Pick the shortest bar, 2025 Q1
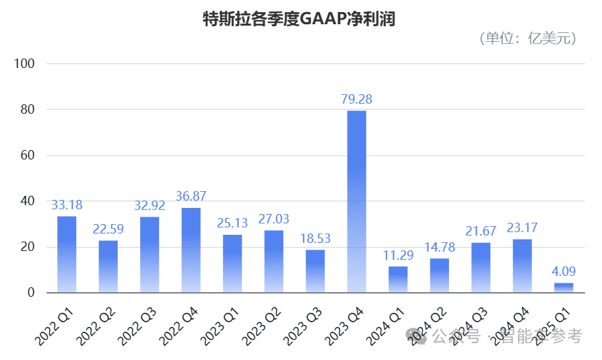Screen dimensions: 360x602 click(564, 288)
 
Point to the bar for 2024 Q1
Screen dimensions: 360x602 click(398, 279)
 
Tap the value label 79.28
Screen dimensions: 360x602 click(356, 100)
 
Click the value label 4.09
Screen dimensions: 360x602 click(564, 272)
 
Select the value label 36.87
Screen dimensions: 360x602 click(191, 196)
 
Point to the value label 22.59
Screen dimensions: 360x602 click(108, 229)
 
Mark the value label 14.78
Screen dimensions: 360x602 click(439, 248)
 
